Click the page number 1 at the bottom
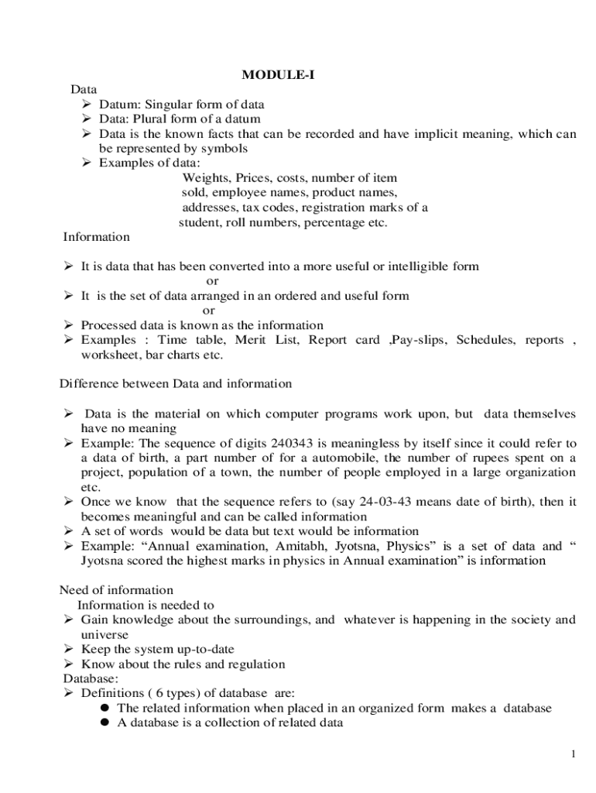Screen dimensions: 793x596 click(x=573, y=755)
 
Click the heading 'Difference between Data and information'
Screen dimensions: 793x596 click(x=176, y=384)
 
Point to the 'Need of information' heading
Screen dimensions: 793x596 click(x=117, y=590)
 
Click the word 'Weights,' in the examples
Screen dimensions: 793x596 click(x=205, y=178)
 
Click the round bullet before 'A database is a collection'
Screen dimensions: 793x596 click(x=103, y=724)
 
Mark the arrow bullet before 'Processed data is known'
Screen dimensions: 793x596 click(x=68, y=326)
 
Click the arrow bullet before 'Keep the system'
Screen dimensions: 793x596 click(x=68, y=649)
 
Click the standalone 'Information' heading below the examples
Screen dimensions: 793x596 click(x=97, y=237)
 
